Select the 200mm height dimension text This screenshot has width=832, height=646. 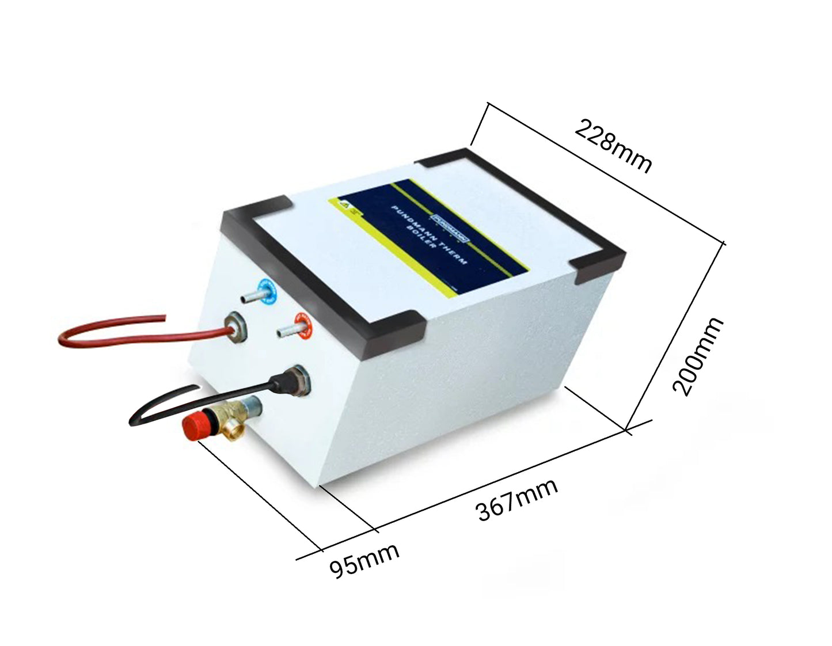coord(698,356)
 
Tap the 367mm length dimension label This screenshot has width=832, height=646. coord(517,499)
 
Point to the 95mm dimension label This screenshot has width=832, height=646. coord(364,560)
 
